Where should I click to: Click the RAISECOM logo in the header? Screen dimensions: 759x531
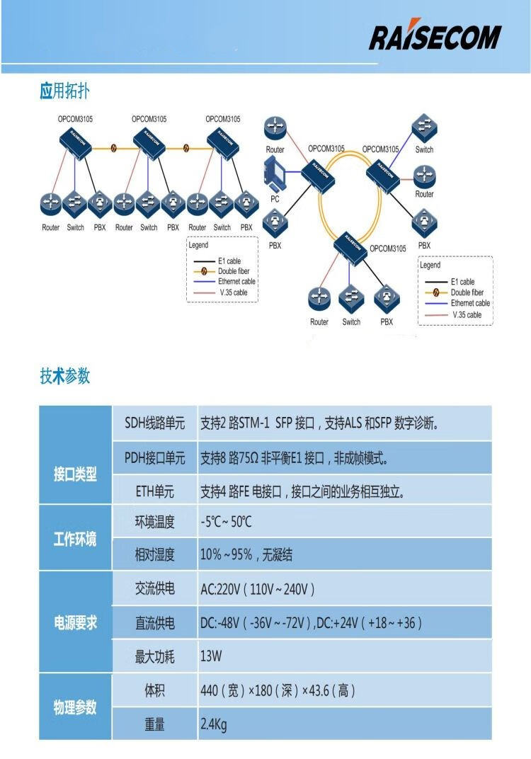pyautogui.click(x=435, y=37)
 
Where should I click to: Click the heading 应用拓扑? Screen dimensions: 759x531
pyautogui.click(x=64, y=91)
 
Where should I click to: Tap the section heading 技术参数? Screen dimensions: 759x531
pyautogui.click(x=64, y=376)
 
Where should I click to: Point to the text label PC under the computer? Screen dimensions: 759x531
pyautogui.click(x=275, y=199)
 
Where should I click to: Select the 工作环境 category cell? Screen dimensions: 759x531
pyautogui.click(x=75, y=539)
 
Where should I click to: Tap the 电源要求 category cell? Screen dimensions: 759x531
pyautogui.click(x=75, y=623)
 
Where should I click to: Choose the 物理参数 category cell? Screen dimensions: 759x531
pyautogui.click(x=75, y=707)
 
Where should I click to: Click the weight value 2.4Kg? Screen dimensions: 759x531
pyautogui.click(x=214, y=724)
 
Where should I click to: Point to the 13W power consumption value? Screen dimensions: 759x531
pyautogui.click(x=211, y=656)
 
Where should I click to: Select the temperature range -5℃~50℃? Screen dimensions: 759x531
pyautogui.click(x=226, y=523)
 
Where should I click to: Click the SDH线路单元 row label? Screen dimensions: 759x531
pyautogui.click(x=155, y=423)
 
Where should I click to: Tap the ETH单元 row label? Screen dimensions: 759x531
pyautogui.click(x=155, y=491)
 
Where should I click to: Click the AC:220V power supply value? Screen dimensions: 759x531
pyautogui.click(x=257, y=589)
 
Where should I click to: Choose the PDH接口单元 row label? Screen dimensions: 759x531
pyautogui.click(x=155, y=458)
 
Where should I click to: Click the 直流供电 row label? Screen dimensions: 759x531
pyautogui.click(x=155, y=623)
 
